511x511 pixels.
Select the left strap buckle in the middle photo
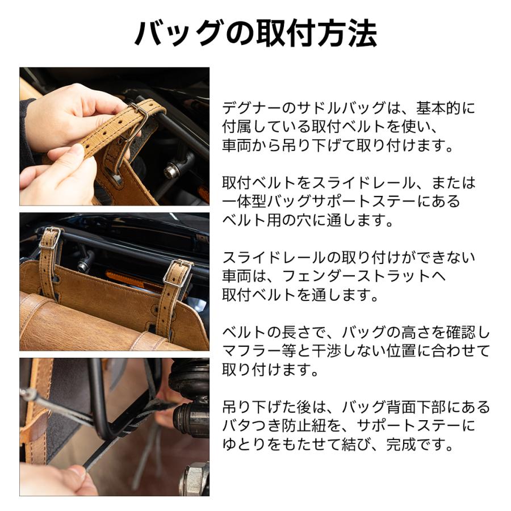coord(50,238)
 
